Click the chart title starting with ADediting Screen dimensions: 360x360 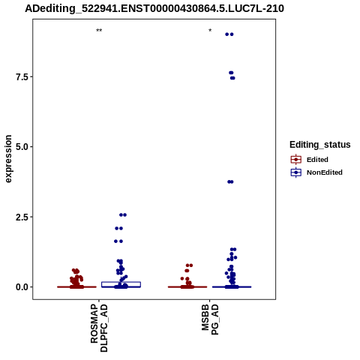(154, 8)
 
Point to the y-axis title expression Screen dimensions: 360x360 (8, 159)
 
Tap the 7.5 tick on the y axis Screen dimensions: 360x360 (22, 76)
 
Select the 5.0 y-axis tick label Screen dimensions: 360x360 (22, 147)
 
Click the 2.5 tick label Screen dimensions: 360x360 (22, 217)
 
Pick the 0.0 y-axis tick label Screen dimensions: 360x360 (22, 287)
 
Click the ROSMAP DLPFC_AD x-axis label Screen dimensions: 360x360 (99, 328)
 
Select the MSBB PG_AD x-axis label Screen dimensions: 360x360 (210, 319)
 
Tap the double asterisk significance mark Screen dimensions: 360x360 (99, 31)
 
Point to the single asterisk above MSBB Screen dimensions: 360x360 (210, 31)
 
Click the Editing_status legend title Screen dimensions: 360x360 (320, 145)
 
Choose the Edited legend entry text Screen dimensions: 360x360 (317, 160)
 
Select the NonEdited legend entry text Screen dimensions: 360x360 (325, 172)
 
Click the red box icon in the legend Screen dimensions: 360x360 (296, 160)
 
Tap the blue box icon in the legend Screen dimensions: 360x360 (296, 172)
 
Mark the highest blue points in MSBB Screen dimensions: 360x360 (229, 34)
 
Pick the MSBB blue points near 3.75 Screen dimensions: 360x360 (230, 181)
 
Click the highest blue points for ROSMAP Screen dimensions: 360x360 (123, 214)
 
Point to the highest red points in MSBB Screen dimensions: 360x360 (189, 265)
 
